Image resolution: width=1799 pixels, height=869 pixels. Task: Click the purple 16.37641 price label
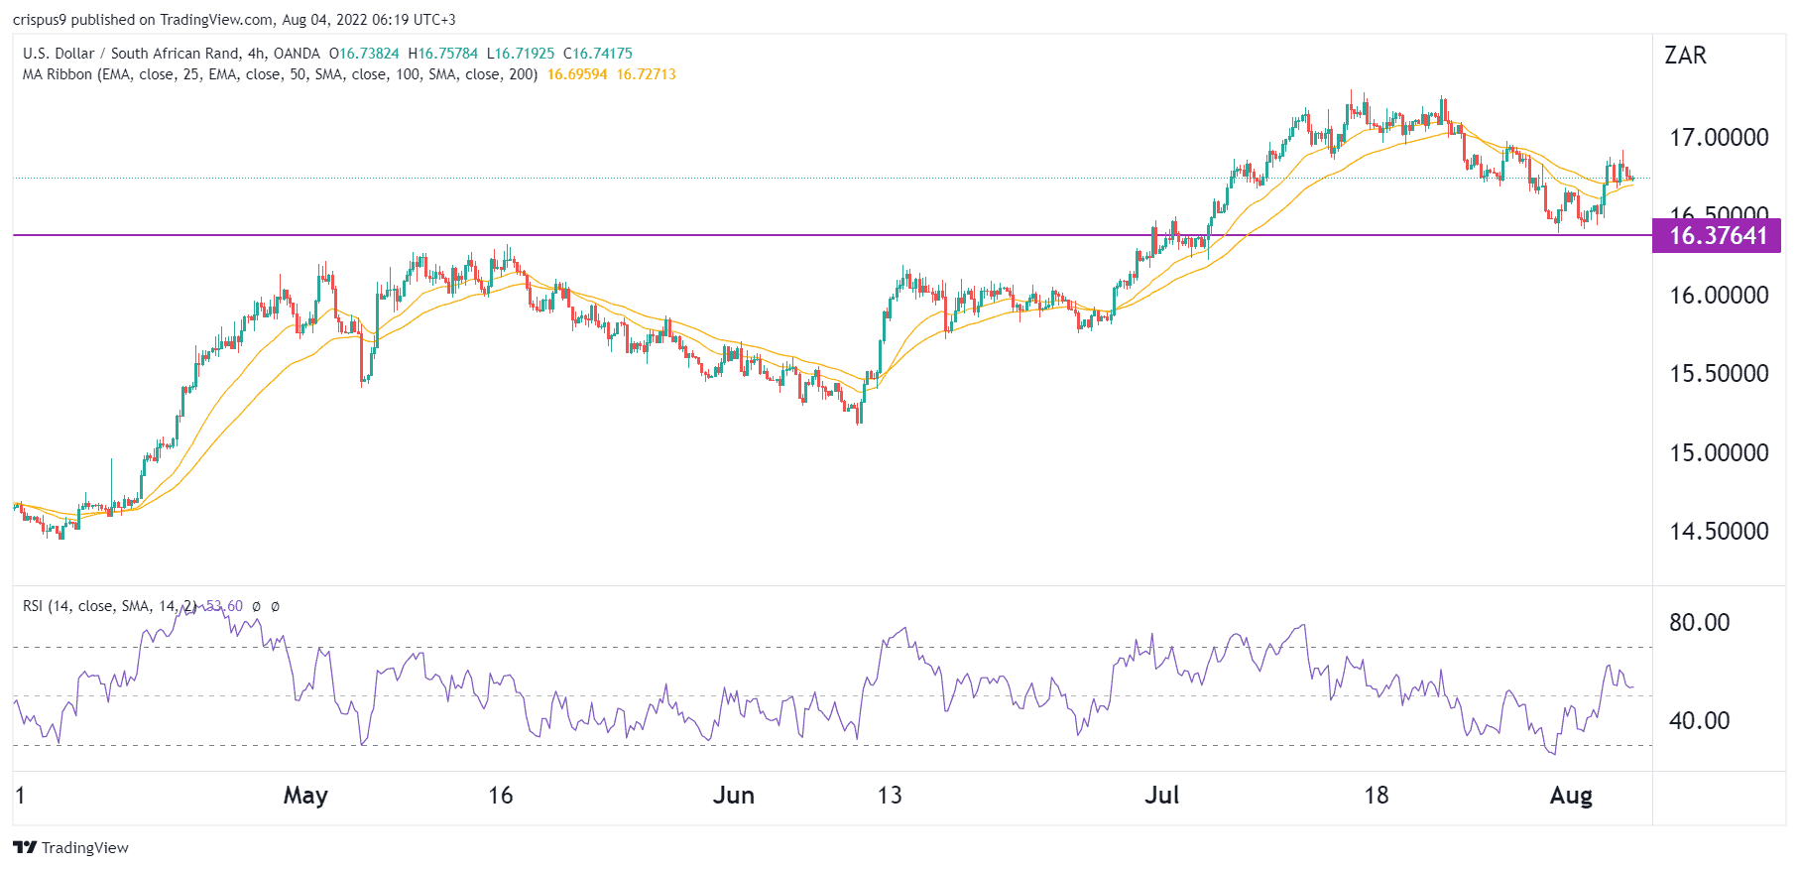click(1717, 235)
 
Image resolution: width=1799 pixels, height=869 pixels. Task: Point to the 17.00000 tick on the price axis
click(1719, 137)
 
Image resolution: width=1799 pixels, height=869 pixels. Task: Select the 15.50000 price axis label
click(1719, 373)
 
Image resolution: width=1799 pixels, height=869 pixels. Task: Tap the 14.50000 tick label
click(1719, 531)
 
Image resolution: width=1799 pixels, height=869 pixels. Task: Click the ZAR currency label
click(1685, 56)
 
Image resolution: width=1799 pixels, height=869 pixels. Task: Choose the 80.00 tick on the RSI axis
click(1699, 622)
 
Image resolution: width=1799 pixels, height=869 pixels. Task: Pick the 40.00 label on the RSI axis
click(1699, 720)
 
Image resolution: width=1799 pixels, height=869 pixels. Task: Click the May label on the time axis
click(305, 795)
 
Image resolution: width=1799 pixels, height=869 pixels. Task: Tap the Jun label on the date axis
click(734, 795)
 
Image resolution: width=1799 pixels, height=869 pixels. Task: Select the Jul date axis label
click(1161, 795)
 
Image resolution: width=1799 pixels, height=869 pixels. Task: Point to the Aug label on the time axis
click(1571, 795)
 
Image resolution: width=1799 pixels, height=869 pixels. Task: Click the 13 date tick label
click(890, 795)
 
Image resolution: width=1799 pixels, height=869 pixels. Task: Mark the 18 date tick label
click(1376, 795)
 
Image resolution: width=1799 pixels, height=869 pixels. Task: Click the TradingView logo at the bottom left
click(71, 847)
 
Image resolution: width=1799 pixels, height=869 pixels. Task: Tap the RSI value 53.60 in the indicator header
click(225, 606)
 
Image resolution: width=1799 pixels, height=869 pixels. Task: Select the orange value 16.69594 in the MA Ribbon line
click(577, 74)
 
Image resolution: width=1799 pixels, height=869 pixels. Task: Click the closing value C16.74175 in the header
click(597, 54)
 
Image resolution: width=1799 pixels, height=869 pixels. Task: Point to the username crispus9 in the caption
click(40, 20)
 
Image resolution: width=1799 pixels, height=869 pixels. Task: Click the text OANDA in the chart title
click(297, 54)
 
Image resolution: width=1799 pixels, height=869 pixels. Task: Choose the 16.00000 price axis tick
click(1719, 295)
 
